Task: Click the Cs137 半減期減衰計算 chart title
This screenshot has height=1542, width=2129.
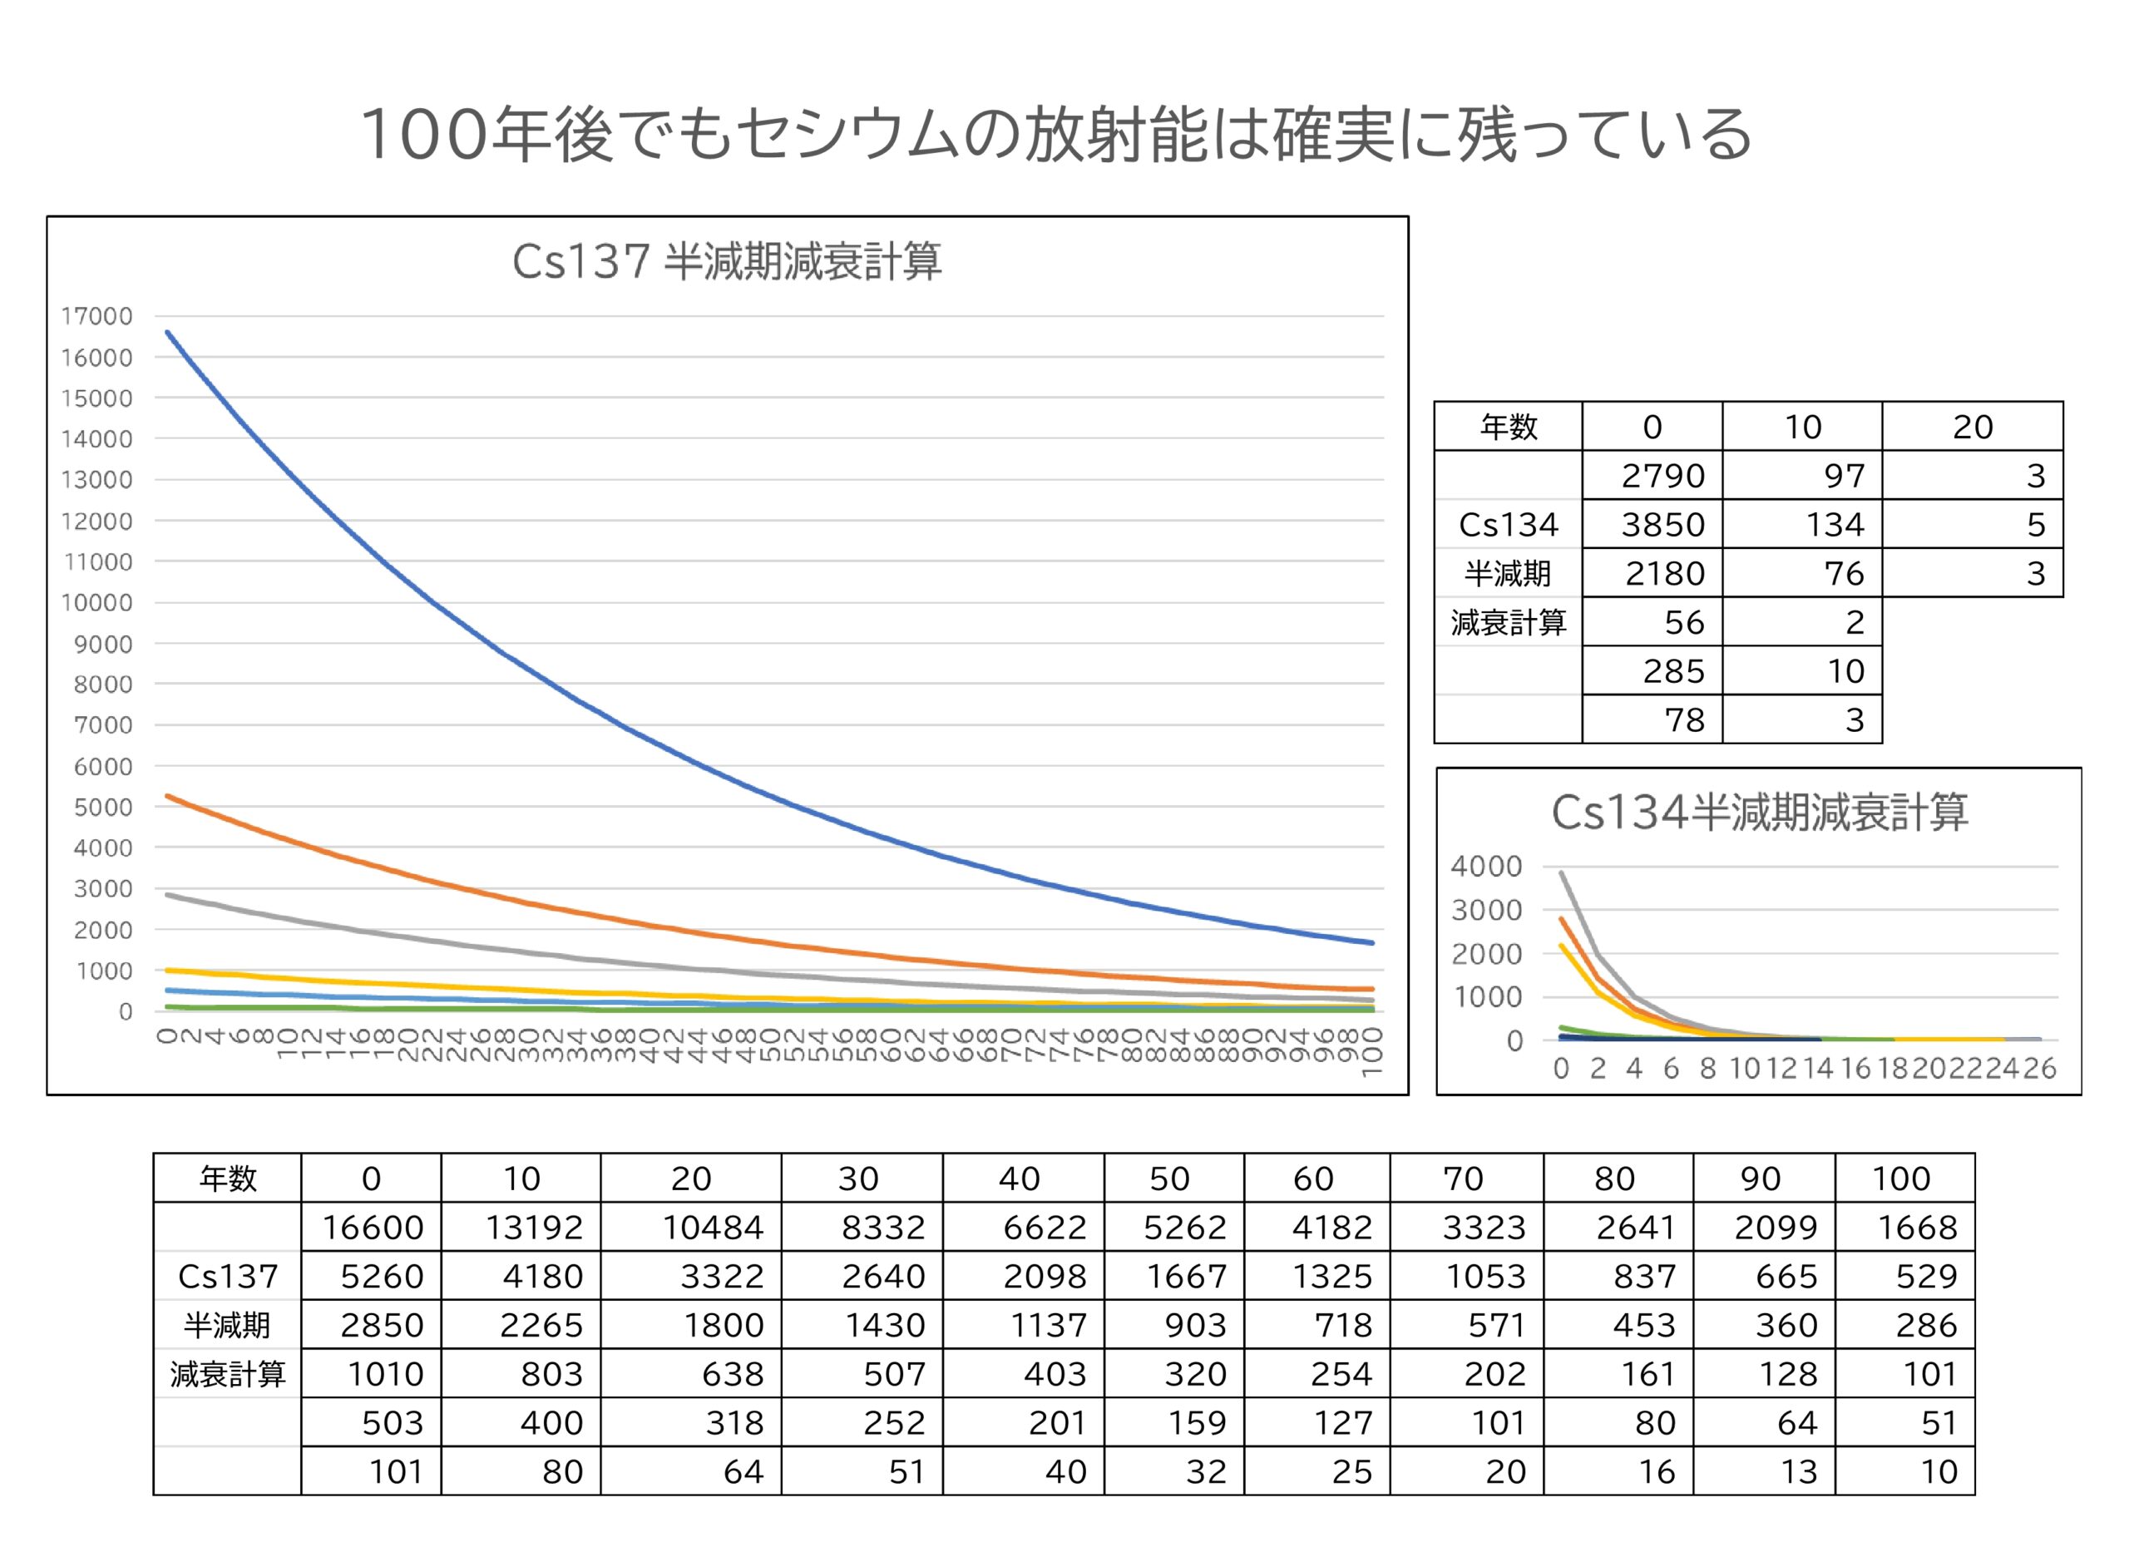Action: [x=727, y=261]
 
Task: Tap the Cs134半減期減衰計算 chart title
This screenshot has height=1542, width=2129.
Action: [x=1759, y=812]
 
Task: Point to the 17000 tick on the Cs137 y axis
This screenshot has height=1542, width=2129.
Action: [x=96, y=316]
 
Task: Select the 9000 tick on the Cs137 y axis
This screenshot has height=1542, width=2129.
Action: [x=102, y=644]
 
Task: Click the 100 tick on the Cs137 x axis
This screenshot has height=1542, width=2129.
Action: [x=1371, y=1051]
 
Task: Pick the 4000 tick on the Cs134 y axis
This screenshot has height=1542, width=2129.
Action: [x=1486, y=867]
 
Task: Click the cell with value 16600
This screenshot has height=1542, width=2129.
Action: [x=373, y=1228]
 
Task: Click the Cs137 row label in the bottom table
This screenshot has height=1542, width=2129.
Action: [x=228, y=1277]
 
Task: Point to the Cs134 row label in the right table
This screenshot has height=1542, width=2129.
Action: [x=1509, y=525]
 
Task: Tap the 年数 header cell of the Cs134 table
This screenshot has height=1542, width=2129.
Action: [x=1509, y=427]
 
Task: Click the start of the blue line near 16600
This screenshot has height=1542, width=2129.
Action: [x=168, y=332]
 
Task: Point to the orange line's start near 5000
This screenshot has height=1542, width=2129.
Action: [x=168, y=796]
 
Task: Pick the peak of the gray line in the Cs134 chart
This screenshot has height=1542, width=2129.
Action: [x=1561, y=872]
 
